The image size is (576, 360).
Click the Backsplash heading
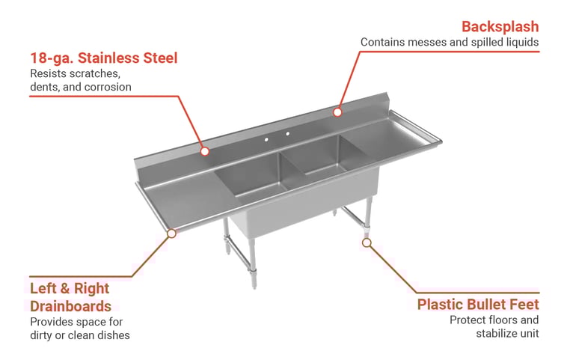[500, 27]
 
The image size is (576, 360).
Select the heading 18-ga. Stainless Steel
[103, 58]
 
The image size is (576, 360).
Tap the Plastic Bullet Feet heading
[478, 305]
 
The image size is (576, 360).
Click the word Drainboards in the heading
[70, 306]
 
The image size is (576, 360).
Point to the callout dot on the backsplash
[337, 112]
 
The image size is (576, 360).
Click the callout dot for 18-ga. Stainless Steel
[205, 151]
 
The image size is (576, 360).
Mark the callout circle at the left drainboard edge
[171, 233]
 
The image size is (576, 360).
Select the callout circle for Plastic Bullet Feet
[367, 242]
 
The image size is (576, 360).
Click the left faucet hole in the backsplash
[266, 140]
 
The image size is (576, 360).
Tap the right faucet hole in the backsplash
[288, 134]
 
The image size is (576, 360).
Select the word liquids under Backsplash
[523, 43]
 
